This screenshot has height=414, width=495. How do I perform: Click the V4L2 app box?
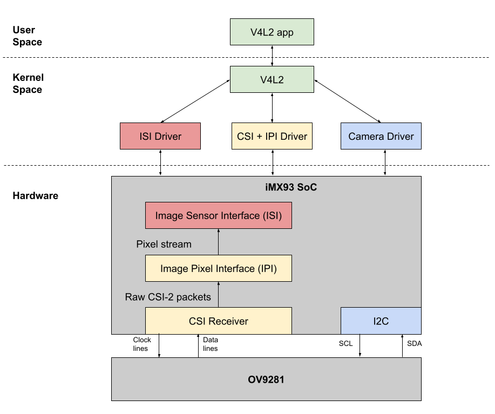coord(272,32)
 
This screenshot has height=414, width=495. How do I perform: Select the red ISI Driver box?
coord(160,136)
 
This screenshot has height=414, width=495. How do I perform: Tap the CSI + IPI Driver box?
coord(272,136)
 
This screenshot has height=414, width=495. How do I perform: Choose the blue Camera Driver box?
coord(381,136)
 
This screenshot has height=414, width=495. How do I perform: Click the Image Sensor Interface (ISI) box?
coord(218,215)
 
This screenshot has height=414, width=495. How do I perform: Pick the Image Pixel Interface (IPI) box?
coord(218,268)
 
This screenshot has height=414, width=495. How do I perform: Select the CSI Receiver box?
coord(218,321)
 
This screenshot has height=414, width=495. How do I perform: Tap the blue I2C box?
coord(381,321)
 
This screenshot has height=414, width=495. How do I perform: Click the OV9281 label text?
coord(266,379)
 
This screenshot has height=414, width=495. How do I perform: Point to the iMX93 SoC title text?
coord(287,189)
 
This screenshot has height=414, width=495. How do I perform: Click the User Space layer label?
coord(27,36)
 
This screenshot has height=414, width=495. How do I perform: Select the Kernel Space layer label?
coord(27,84)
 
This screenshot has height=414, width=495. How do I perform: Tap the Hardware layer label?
coord(35,195)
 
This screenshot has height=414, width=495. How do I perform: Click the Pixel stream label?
coord(164,245)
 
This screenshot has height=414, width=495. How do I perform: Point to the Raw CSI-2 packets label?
coord(168,297)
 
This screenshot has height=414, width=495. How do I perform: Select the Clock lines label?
coord(142,344)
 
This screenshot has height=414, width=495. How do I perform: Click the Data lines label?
coord(210,344)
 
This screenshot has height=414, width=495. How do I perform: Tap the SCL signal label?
coord(345,343)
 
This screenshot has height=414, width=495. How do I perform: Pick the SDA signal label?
coord(415,343)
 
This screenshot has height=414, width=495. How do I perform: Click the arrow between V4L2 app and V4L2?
coord(272,56)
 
